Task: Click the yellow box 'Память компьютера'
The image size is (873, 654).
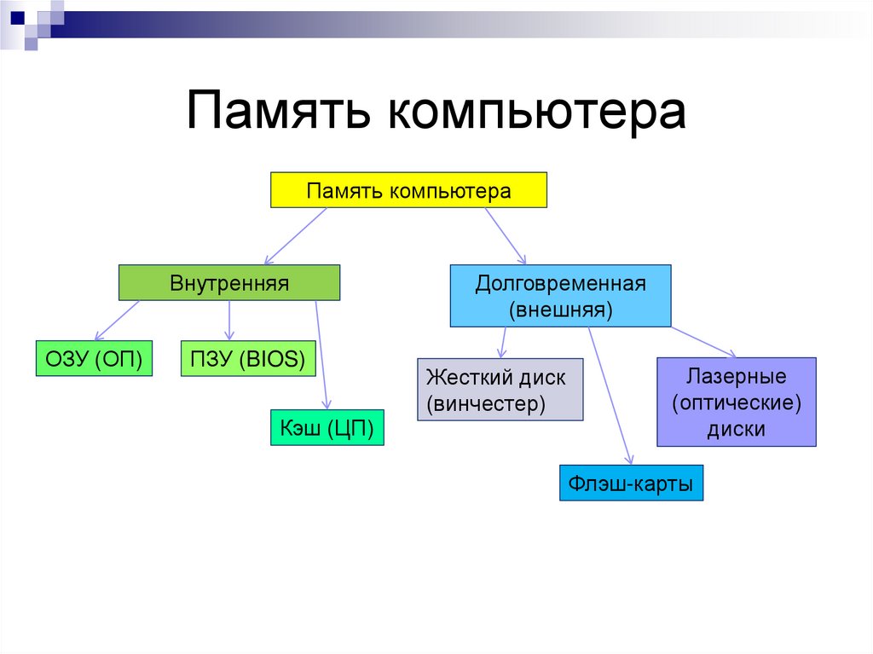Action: (408, 190)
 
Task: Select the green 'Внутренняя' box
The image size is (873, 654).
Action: (228, 282)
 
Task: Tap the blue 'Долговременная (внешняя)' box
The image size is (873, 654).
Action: (560, 296)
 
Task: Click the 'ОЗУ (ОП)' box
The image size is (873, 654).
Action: (94, 359)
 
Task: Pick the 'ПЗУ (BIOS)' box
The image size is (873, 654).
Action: (248, 359)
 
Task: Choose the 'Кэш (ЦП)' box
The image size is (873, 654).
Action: (327, 428)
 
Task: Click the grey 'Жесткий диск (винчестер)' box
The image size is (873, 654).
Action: (500, 390)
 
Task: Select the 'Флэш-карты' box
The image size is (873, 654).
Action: (632, 483)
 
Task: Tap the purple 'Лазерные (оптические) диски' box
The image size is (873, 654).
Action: (736, 402)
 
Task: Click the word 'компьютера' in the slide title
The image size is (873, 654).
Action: (537, 112)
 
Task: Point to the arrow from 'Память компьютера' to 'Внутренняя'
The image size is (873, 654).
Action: (296, 236)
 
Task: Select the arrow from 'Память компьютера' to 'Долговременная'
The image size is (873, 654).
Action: (506, 234)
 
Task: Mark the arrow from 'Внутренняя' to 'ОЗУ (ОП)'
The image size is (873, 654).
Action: (117, 321)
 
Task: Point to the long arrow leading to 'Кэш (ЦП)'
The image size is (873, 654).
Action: (321, 354)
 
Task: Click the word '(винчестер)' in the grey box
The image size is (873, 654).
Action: (486, 402)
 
